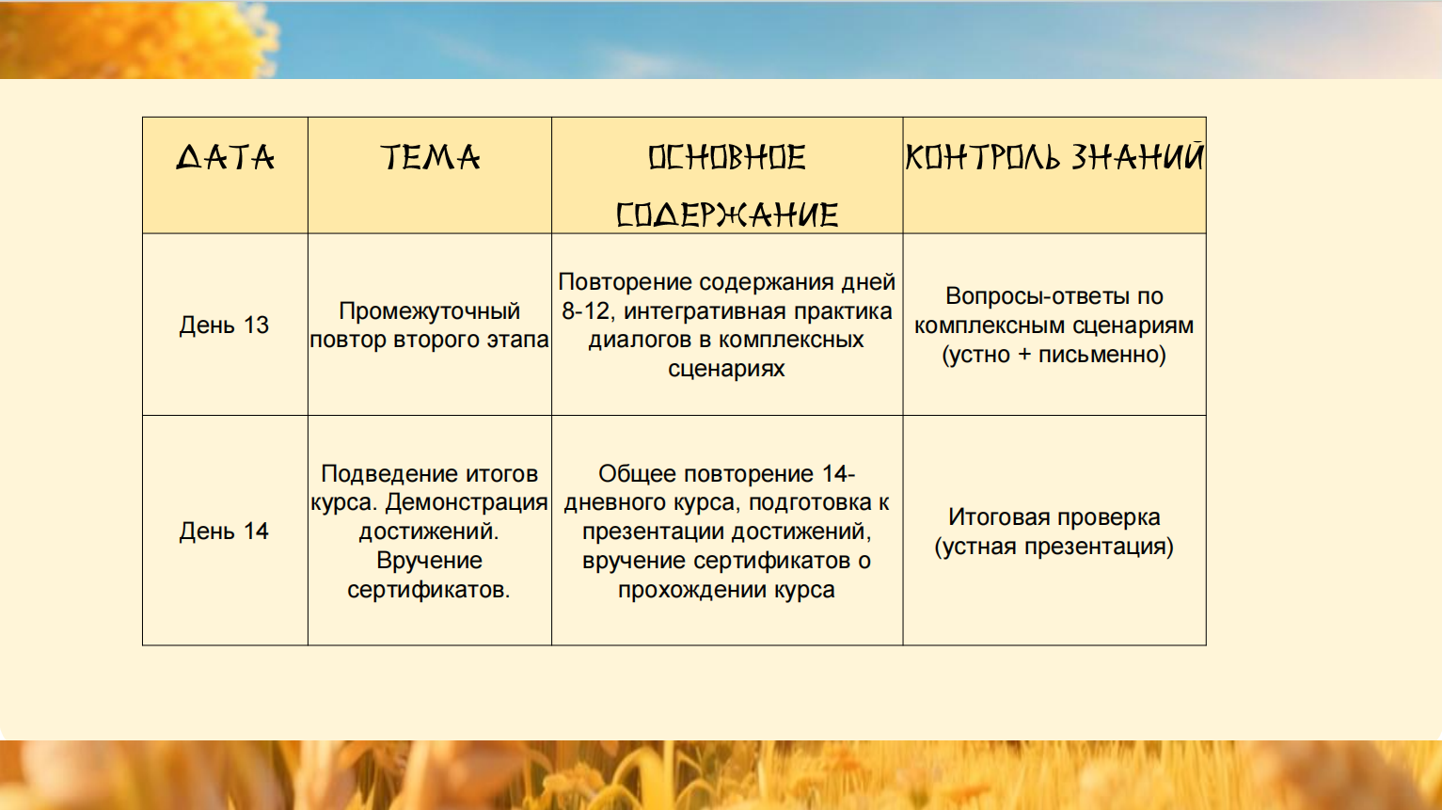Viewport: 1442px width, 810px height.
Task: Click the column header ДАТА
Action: tap(225, 157)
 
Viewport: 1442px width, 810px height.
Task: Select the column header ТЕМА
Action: tap(429, 157)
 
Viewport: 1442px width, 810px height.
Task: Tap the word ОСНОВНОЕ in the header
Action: tap(727, 158)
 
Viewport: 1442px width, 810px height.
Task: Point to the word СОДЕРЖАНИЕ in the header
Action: tap(727, 215)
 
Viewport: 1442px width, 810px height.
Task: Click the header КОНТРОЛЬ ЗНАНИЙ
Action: tap(1054, 157)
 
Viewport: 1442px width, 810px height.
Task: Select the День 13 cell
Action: tap(224, 326)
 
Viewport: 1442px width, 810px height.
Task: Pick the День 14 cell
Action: tap(224, 532)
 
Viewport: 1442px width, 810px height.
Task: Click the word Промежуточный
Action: tap(429, 311)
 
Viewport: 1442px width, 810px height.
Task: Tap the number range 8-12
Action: tap(586, 311)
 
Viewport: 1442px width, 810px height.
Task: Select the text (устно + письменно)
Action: tap(1054, 355)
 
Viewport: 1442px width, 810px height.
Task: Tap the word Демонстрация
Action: tap(467, 502)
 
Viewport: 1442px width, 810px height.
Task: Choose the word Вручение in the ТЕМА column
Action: tap(429, 560)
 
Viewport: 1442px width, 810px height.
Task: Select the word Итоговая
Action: tap(998, 517)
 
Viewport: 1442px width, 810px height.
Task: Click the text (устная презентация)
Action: tap(1054, 547)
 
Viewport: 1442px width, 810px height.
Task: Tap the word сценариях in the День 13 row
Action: tap(726, 369)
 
